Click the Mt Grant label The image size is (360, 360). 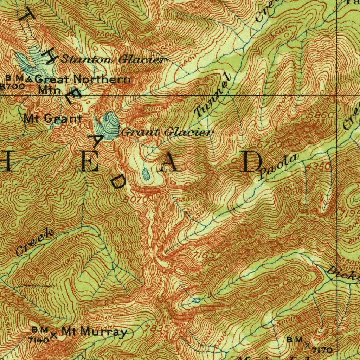53,118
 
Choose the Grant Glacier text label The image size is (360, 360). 167,133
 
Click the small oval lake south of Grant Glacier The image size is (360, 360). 146,174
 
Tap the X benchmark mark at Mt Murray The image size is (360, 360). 53,335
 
